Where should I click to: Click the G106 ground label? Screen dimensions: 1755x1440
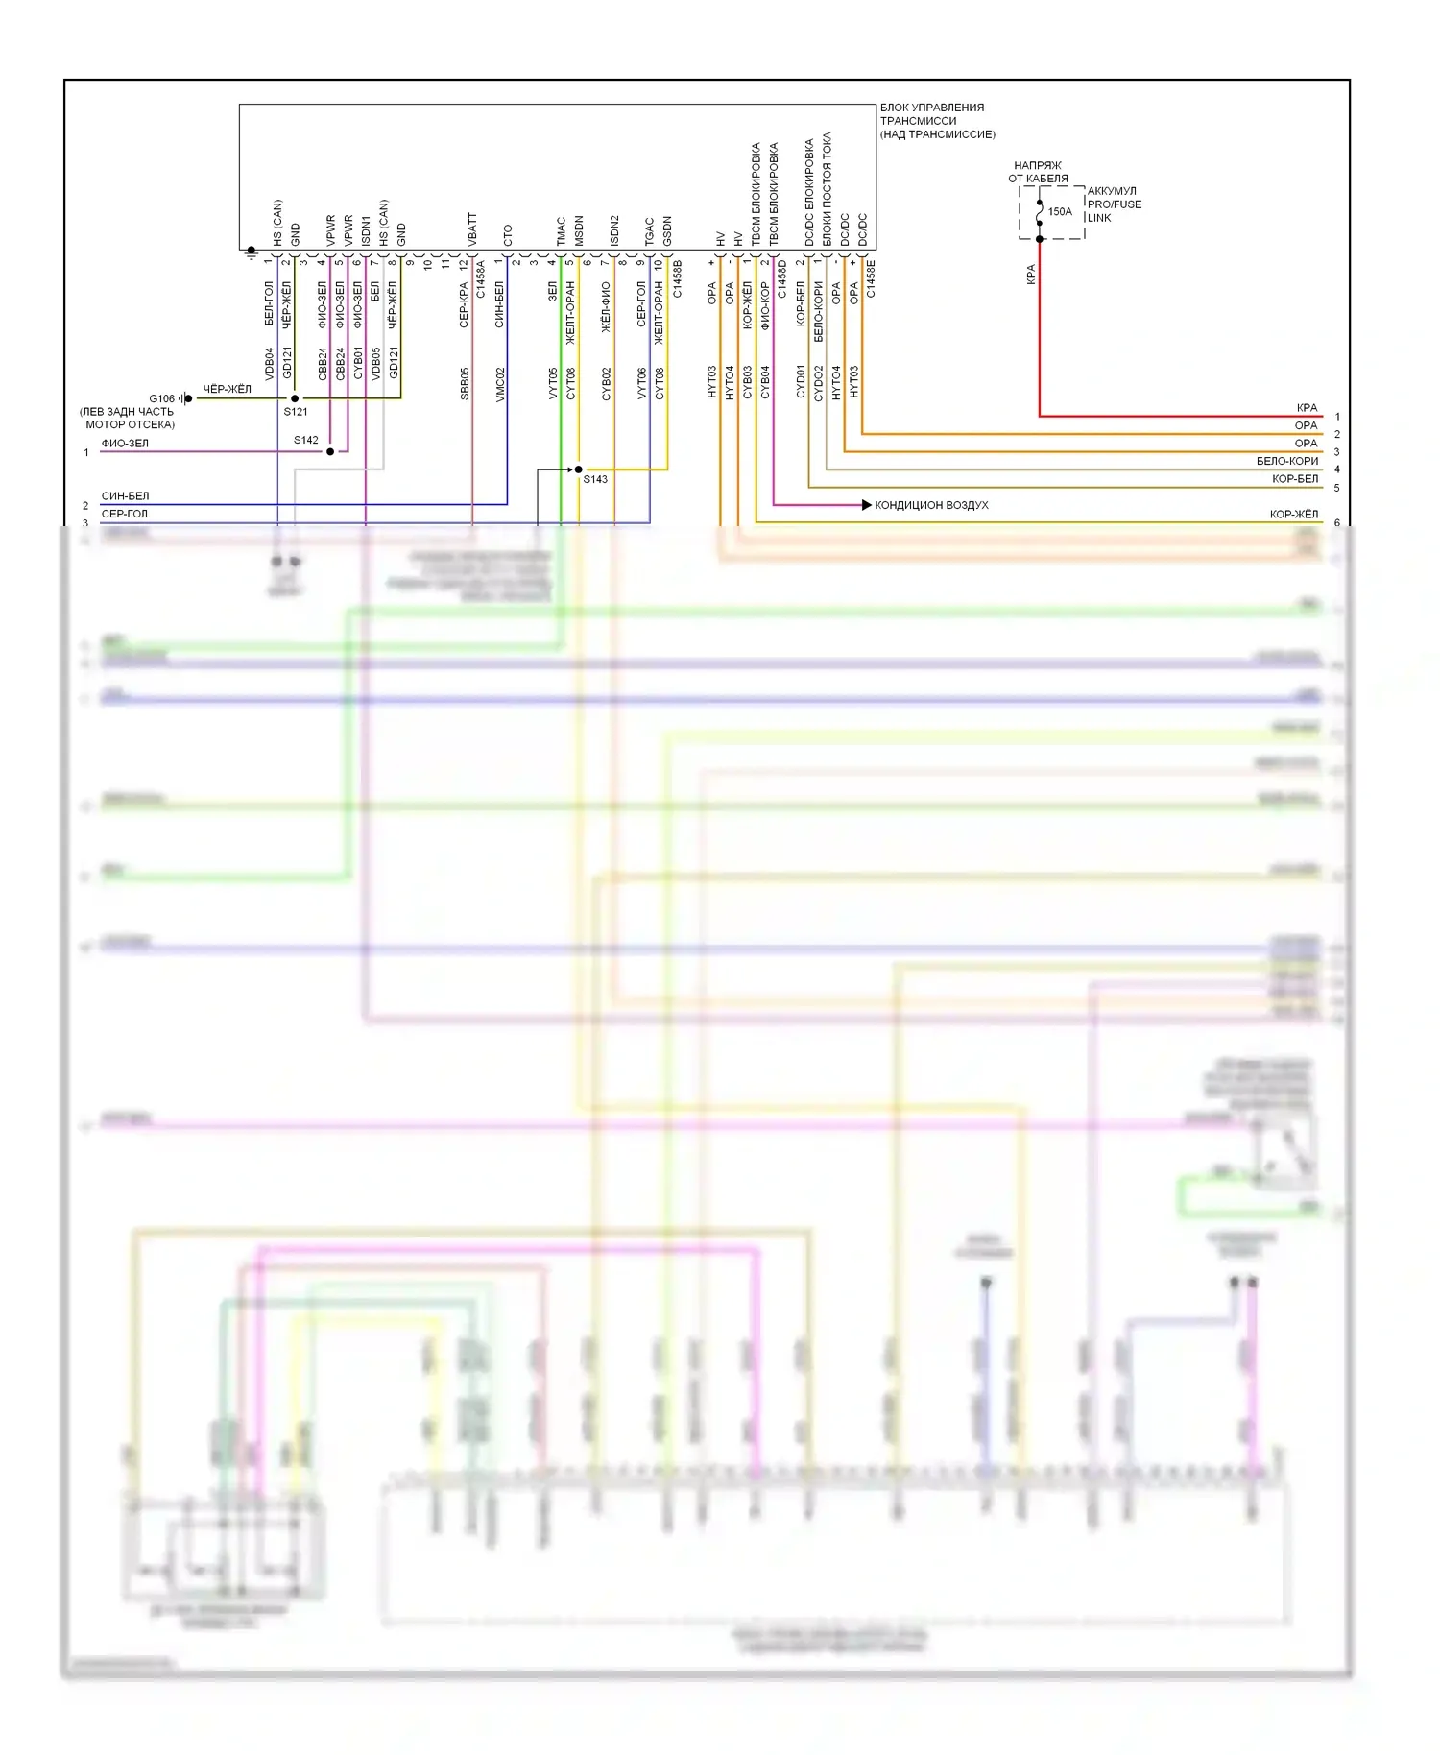pos(161,398)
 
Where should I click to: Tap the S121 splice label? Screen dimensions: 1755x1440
pos(296,412)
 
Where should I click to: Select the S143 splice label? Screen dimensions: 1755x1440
pos(595,479)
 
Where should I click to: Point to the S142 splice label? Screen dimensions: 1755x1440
pos(306,441)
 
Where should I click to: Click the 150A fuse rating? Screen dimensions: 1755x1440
pos(1060,212)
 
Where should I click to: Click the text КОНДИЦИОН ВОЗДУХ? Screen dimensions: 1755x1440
pos(931,505)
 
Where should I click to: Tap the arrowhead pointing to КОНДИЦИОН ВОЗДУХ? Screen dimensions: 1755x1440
pos(866,504)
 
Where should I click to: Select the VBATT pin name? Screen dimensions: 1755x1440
pos(472,230)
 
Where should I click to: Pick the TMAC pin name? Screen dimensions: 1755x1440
pos(562,231)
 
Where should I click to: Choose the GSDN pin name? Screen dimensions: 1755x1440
pos(667,231)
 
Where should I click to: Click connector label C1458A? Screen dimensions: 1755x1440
pos(481,278)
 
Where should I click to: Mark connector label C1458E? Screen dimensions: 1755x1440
pos(871,278)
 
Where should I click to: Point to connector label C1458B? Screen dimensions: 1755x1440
pos(677,278)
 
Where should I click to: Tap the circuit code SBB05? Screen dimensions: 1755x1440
pos(465,383)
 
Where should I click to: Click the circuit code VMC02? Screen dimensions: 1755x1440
pos(500,383)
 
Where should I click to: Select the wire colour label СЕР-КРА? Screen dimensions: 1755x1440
pos(465,305)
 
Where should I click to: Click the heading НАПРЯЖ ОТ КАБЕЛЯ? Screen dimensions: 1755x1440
pos(1038,172)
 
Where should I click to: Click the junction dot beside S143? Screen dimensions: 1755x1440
pos(578,469)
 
